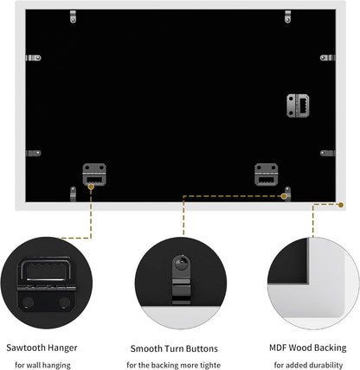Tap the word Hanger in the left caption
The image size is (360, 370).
click(x=62, y=348)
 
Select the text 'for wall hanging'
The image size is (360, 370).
click(x=42, y=366)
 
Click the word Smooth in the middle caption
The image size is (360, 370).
click(x=146, y=348)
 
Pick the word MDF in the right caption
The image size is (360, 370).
click(x=278, y=348)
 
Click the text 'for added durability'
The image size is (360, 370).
click(x=308, y=365)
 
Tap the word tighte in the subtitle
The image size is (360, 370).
click(x=210, y=365)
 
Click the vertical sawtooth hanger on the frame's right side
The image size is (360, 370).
click(x=298, y=105)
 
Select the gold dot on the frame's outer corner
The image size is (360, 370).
click(x=341, y=205)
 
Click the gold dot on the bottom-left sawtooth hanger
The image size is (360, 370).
click(x=91, y=187)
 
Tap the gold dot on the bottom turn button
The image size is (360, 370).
click(x=284, y=196)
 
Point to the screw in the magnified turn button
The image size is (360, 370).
click(x=182, y=263)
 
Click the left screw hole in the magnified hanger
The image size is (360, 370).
click(x=28, y=303)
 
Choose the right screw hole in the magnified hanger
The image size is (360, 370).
click(x=64, y=303)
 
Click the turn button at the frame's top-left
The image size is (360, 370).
click(x=73, y=16)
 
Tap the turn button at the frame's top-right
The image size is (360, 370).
click(x=288, y=16)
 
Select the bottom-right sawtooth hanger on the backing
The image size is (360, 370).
click(x=267, y=175)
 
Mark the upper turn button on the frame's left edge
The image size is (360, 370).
click(x=33, y=58)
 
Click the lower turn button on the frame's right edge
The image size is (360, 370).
click(x=328, y=153)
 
